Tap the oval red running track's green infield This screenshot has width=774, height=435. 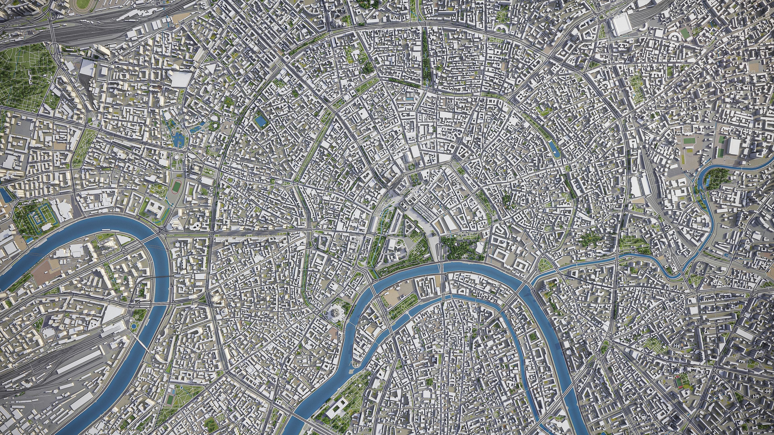(x=175, y=187)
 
